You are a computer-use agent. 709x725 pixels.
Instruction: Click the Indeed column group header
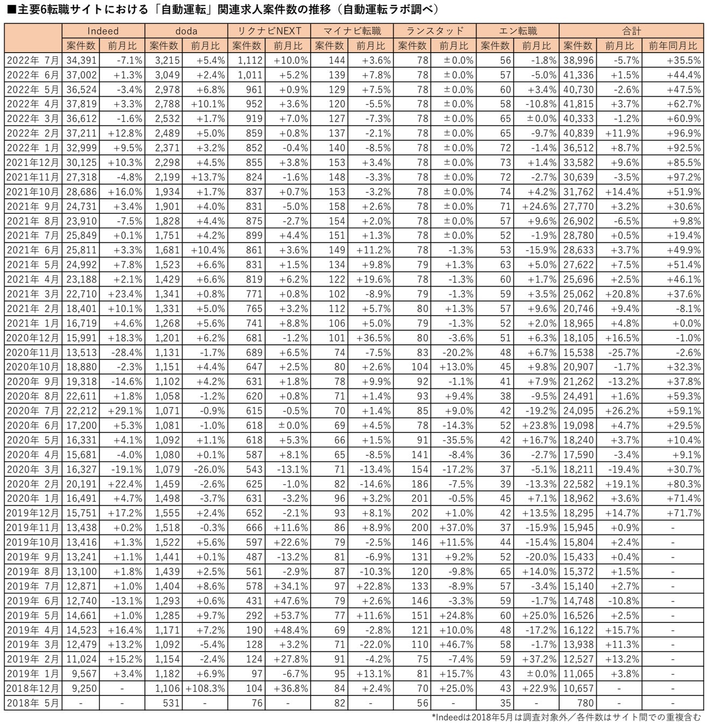(103, 31)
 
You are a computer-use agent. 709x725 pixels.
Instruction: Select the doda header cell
(186, 31)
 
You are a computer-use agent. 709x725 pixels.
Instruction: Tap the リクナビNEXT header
(269, 31)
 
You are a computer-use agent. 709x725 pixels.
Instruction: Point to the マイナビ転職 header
(352, 31)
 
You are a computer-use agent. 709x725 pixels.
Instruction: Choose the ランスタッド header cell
(435, 31)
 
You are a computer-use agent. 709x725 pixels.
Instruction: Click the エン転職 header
(518, 31)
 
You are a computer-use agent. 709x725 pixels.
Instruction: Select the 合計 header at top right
(631, 31)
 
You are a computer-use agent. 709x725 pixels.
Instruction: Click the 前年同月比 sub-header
(672, 46)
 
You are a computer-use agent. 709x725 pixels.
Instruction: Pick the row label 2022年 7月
(33, 60)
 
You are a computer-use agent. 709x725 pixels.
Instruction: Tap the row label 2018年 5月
(33, 702)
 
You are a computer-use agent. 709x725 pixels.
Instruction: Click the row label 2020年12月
(33, 338)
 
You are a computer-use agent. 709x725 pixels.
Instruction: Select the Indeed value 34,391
(82, 60)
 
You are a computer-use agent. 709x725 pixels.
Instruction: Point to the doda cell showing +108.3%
(205, 688)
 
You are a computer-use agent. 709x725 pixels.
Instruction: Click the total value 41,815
(578, 104)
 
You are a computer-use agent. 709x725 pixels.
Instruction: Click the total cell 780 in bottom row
(585, 702)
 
